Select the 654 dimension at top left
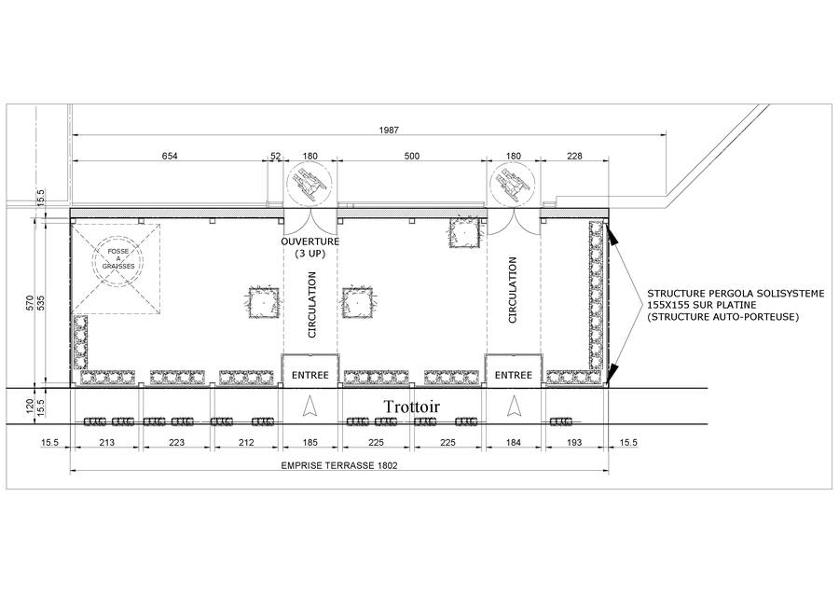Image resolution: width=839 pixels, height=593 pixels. coord(168,156)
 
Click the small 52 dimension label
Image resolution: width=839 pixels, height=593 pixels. coord(275,156)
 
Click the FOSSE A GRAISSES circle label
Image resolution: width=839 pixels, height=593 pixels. coord(119,260)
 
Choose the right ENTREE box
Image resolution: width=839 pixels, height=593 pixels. coord(513,375)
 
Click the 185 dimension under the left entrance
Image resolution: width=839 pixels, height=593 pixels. coord(309,443)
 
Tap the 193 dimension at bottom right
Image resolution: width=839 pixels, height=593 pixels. coord(573,443)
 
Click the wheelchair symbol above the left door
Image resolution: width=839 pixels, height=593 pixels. coord(309,181)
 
